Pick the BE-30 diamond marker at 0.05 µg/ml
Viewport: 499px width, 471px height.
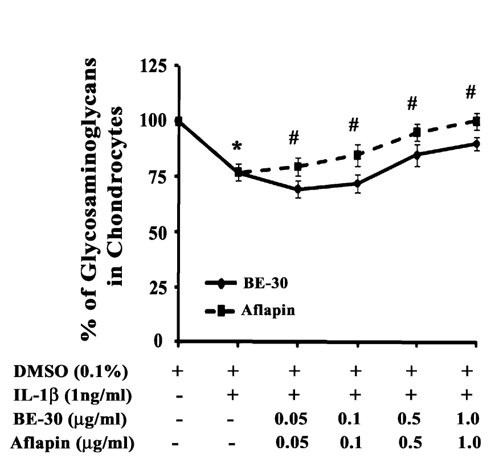click(x=298, y=189)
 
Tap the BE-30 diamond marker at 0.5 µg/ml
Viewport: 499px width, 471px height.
click(x=417, y=154)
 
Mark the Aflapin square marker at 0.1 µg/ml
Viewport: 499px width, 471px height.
click(x=358, y=155)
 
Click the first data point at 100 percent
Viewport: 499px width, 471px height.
click(x=179, y=121)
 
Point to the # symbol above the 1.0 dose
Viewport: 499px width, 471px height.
click(x=470, y=92)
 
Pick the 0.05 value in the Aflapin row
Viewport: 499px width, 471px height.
click(x=295, y=443)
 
